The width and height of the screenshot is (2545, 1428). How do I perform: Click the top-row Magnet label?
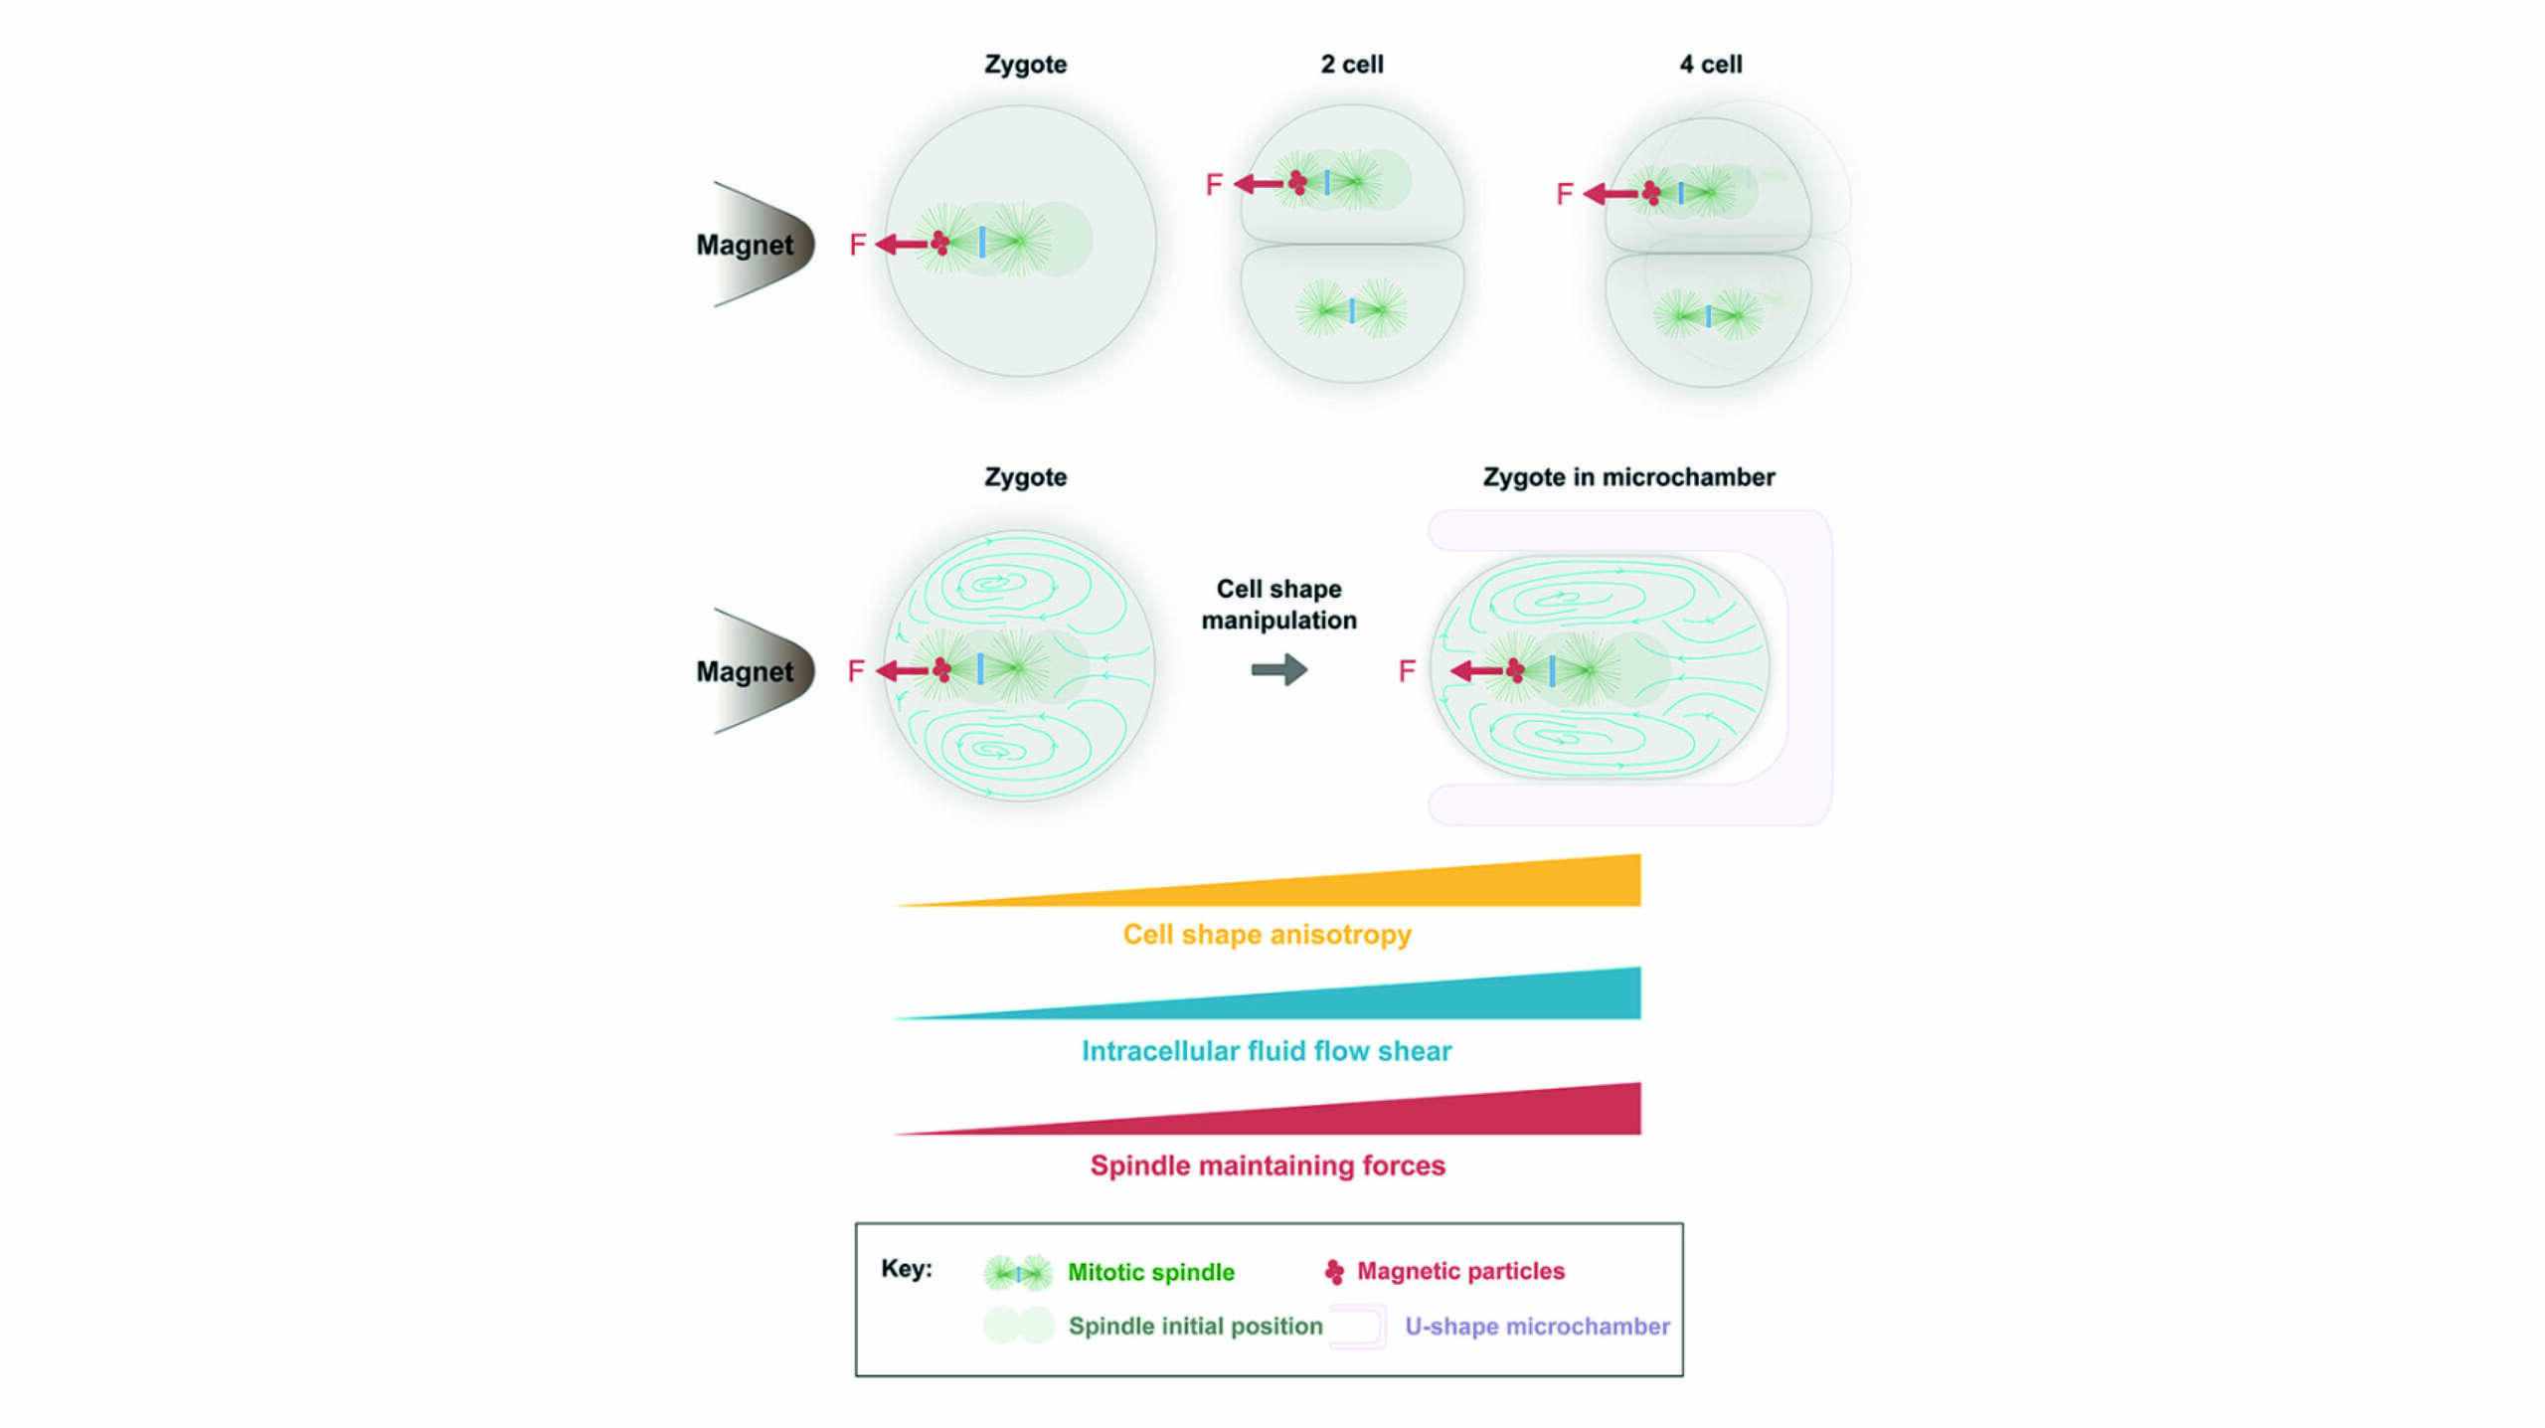pyautogui.click(x=745, y=245)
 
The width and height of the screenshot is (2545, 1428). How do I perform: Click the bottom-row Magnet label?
pyautogui.click(x=745, y=672)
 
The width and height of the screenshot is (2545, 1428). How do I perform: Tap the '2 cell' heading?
pyautogui.click(x=1351, y=65)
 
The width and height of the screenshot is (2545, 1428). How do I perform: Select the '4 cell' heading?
pyautogui.click(x=1710, y=65)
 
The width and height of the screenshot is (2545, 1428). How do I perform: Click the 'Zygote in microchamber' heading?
pyautogui.click(x=1628, y=477)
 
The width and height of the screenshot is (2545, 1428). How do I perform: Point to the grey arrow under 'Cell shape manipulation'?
pyautogui.click(x=1278, y=669)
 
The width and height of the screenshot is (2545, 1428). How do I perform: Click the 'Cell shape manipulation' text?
pyautogui.click(x=1278, y=605)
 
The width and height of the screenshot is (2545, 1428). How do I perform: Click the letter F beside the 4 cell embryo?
pyautogui.click(x=1564, y=194)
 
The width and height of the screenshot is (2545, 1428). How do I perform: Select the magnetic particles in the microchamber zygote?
pyautogui.click(x=1515, y=670)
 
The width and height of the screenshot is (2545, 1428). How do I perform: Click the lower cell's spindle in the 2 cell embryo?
pyautogui.click(x=1351, y=309)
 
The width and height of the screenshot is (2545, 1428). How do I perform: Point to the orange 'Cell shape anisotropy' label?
pyautogui.click(x=1267, y=935)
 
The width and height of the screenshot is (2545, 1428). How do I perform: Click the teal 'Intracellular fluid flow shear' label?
pyautogui.click(x=1267, y=1051)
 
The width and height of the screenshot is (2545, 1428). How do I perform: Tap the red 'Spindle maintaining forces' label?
pyautogui.click(x=1267, y=1165)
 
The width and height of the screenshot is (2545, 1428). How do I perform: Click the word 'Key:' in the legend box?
pyautogui.click(x=906, y=1269)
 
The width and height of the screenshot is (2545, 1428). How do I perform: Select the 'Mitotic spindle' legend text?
pyautogui.click(x=1150, y=1272)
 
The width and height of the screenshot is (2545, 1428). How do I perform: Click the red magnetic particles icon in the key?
pyautogui.click(x=1334, y=1271)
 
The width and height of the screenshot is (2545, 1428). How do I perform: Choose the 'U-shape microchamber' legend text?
pyautogui.click(x=1536, y=1327)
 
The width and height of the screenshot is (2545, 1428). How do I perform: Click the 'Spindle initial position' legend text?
pyautogui.click(x=1195, y=1327)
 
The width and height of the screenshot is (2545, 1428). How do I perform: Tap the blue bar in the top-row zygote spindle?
pyautogui.click(x=982, y=242)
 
